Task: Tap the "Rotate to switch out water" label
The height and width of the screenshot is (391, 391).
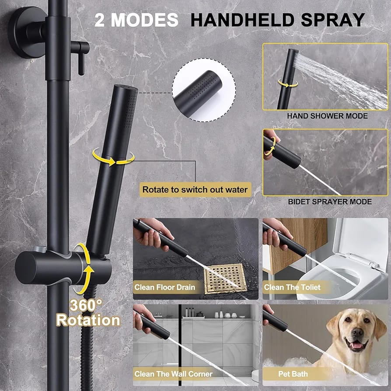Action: (x=195, y=190)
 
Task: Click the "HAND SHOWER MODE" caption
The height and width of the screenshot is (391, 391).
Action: (x=327, y=116)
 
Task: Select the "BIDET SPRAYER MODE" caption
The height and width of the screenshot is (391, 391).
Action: (x=330, y=202)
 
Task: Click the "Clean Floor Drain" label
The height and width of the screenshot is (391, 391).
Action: (x=164, y=287)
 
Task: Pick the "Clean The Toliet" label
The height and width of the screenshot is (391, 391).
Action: (x=292, y=287)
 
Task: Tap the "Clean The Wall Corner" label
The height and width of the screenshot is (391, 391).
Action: (x=173, y=374)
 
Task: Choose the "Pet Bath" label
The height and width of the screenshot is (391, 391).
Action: (x=293, y=374)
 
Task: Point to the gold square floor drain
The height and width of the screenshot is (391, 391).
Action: (x=224, y=278)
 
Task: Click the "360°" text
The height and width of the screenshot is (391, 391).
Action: (x=86, y=304)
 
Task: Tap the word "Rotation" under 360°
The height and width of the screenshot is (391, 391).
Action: (x=88, y=320)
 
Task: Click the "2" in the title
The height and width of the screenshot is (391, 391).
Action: (x=100, y=20)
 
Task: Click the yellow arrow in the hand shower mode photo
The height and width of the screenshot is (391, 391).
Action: (x=288, y=83)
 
